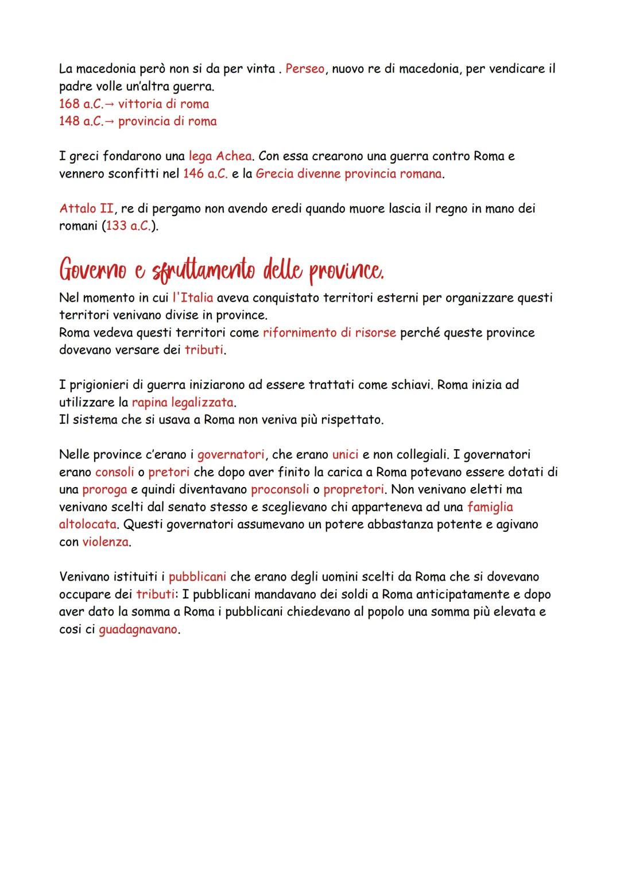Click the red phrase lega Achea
[x=220, y=156]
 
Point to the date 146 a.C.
[x=205, y=173]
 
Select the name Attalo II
[x=86, y=208]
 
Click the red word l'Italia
[x=193, y=298]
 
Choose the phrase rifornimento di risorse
[x=330, y=333]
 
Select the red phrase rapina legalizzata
[x=183, y=402]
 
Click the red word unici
[x=346, y=455]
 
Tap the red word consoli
[x=114, y=472]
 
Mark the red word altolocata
[x=89, y=524]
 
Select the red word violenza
[x=105, y=542]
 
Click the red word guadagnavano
[x=138, y=629]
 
